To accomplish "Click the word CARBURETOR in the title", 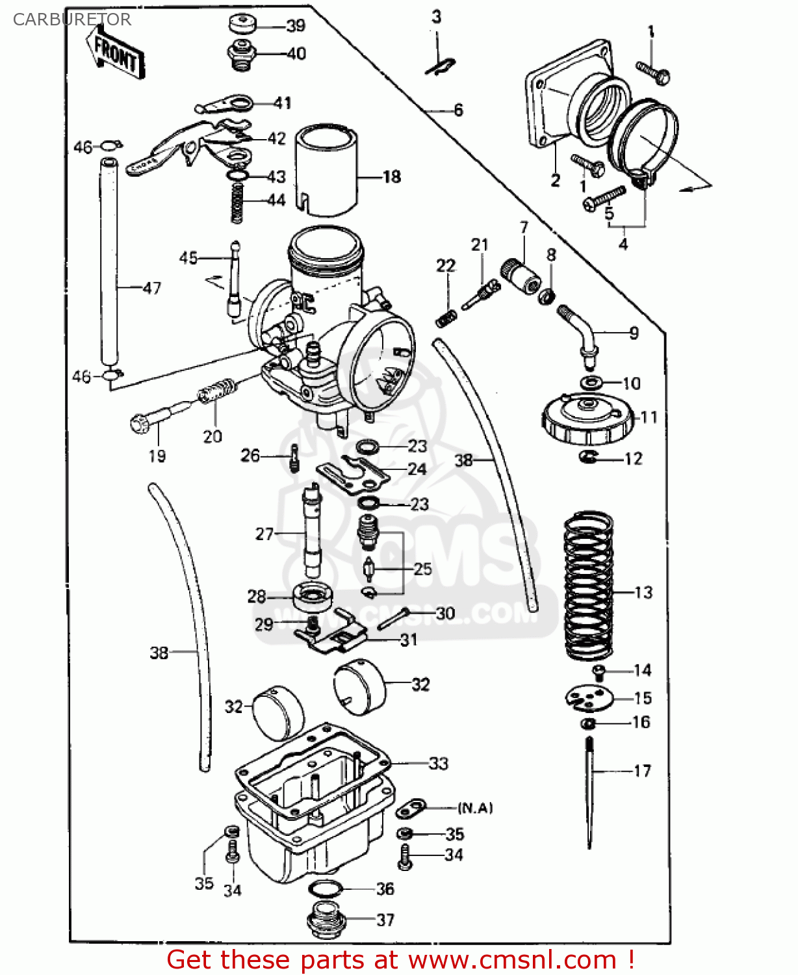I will point(71,19).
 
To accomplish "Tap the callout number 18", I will point(392,177).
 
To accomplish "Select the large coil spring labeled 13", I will point(588,585).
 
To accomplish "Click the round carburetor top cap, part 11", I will point(587,419).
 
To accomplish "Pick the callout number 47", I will point(152,288).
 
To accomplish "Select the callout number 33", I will point(439,763).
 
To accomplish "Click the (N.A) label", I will point(475,808).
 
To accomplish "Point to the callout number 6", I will point(458,110).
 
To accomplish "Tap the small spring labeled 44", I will point(237,202).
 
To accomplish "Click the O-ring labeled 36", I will point(324,889).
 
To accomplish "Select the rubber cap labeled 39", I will point(242,25).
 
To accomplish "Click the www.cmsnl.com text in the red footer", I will point(512,960).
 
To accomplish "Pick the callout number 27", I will point(264,534).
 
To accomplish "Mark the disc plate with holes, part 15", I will point(589,698).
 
